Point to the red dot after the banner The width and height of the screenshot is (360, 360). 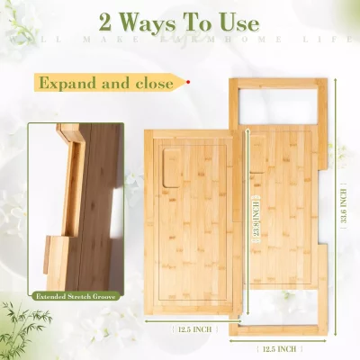click(x=188, y=82)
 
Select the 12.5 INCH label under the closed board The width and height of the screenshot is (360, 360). click(x=193, y=328)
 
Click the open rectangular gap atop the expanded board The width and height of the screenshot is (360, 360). click(x=279, y=105)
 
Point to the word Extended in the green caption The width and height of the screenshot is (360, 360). click(x=51, y=295)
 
